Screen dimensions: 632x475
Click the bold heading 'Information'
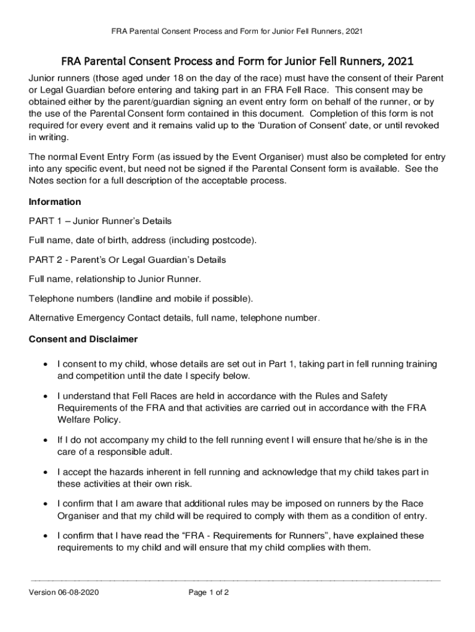pos(55,202)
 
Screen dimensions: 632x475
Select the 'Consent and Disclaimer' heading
pos(83,339)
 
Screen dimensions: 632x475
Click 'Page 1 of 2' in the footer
pos(209,592)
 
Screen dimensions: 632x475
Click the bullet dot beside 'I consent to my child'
pos(46,365)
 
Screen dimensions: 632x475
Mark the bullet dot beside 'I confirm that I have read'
pos(46,536)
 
